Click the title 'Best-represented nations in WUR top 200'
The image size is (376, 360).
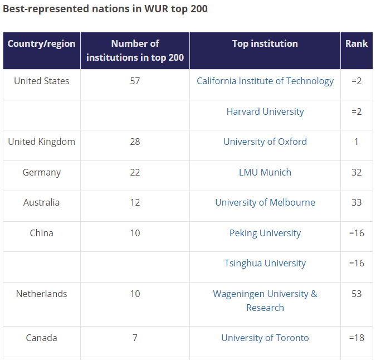pyautogui.click(x=105, y=9)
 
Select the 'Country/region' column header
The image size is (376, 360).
pyautogui.click(x=41, y=43)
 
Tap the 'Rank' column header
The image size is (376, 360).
pyautogui.click(x=357, y=43)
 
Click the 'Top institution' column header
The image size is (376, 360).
pyautogui.click(x=265, y=43)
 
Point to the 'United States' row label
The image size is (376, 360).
pyautogui.click(x=41, y=81)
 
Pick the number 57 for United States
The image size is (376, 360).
pyautogui.click(x=135, y=81)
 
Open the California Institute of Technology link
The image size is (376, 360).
pyautogui.click(x=265, y=81)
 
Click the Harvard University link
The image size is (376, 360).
pyautogui.click(x=265, y=112)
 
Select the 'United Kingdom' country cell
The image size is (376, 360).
pyautogui.click(x=41, y=142)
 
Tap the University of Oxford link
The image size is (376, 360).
pyautogui.click(x=265, y=142)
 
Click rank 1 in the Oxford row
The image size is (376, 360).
pyautogui.click(x=357, y=142)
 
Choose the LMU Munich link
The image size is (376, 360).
pyautogui.click(x=265, y=172)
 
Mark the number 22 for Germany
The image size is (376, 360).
pyautogui.click(x=135, y=172)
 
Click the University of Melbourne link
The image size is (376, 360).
pyautogui.click(x=265, y=203)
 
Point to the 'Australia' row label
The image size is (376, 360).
pyautogui.click(x=41, y=203)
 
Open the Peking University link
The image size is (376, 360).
pyautogui.click(x=265, y=233)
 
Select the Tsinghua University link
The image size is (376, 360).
pyautogui.click(x=265, y=264)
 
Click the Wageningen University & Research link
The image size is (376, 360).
pyautogui.click(x=265, y=301)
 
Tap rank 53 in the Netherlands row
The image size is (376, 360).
pyautogui.click(x=357, y=294)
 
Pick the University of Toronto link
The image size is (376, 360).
pyautogui.click(x=265, y=338)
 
